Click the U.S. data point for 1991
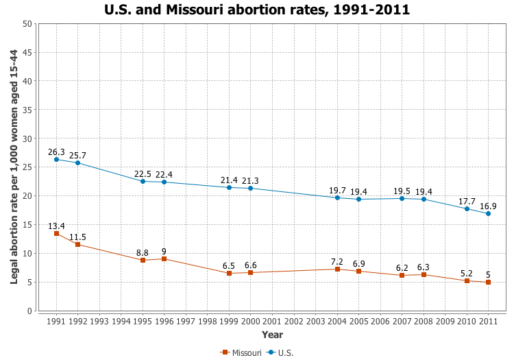click(x=56, y=159)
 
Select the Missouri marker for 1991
click(x=56, y=234)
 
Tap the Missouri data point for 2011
click(x=488, y=282)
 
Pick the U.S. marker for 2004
click(x=337, y=197)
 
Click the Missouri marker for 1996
click(x=164, y=259)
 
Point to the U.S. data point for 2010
click(x=467, y=208)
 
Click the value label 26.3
click(x=56, y=152)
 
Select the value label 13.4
click(x=56, y=226)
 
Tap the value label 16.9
click(x=488, y=206)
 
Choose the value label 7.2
click(x=337, y=261)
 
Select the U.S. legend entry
click(x=282, y=352)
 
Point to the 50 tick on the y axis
click(x=27, y=24)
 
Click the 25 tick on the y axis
click(x=27, y=167)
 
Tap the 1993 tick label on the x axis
click(x=99, y=321)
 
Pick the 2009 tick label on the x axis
click(x=445, y=321)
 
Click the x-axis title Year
click(x=272, y=335)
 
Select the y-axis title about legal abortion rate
click(x=14, y=167)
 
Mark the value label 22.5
click(x=143, y=173)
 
